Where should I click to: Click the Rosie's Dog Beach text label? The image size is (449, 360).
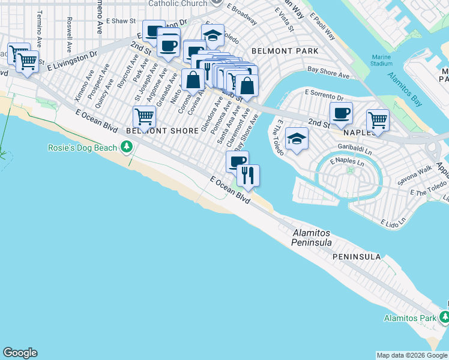click(83, 147)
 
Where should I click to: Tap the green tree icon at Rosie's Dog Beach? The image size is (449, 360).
click(126, 147)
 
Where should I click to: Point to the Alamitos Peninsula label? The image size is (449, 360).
click(312, 238)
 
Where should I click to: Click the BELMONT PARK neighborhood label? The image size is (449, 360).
click(285, 52)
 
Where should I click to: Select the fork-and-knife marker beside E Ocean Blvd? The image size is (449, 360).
click(248, 176)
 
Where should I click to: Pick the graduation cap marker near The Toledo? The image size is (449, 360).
click(297, 140)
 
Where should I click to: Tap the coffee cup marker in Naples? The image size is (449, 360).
click(341, 113)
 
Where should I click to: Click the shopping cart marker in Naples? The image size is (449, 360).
click(378, 120)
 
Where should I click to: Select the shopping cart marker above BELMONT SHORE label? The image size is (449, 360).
click(144, 116)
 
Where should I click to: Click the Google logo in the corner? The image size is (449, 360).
click(20, 353)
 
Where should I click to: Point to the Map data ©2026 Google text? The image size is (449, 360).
click(412, 355)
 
